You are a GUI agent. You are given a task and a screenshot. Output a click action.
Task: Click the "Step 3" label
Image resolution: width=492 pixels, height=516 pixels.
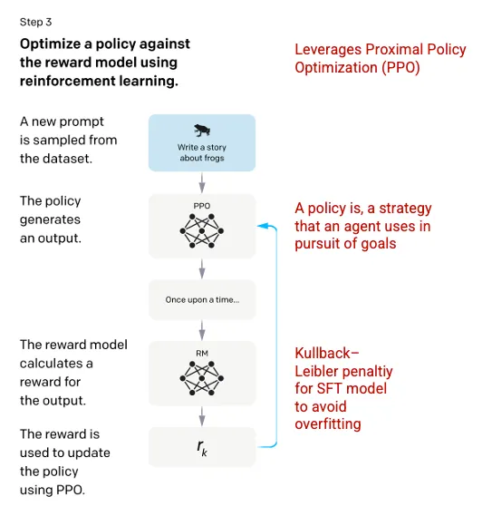[x=35, y=22]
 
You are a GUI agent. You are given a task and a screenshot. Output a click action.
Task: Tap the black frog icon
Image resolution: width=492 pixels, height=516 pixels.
[x=202, y=131]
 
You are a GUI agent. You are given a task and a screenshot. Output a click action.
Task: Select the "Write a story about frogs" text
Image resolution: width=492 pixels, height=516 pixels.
[x=202, y=152]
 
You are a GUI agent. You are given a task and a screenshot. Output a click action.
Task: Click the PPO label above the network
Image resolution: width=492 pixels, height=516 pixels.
[x=201, y=206]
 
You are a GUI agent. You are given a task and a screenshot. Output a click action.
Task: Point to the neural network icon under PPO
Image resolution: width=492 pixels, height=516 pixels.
[x=202, y=230]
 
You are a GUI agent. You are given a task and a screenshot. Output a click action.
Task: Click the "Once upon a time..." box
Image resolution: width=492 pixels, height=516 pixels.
[x=202, y=299]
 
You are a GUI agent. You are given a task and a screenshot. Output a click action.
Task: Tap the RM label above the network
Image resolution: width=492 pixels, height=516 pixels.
[x=202, y=353]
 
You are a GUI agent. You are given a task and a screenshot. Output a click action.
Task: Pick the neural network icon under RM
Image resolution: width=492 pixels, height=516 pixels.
[x=202, y=378]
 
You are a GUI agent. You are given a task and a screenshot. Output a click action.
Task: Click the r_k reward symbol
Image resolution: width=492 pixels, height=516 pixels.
[x=202, y=448]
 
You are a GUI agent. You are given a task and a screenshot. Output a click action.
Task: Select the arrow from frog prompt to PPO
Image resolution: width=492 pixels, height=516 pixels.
[x=202, y=182]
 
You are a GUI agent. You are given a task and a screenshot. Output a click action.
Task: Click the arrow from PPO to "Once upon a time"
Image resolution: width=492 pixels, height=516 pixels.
[x=202, y=268]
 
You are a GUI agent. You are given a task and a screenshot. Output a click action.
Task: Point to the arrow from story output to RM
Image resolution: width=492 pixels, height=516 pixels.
[x=202, y=330]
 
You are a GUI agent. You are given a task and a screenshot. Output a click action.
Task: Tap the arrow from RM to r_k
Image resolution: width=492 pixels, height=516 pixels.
[x=202, y=416]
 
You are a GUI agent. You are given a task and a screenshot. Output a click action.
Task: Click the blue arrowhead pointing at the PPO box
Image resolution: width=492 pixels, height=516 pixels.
[x=262, y=226]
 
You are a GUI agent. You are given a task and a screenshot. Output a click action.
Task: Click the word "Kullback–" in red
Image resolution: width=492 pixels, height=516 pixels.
[x=327, y=353]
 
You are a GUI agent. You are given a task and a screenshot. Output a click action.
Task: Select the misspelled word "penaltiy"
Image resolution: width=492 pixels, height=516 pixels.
[x=368, y=372]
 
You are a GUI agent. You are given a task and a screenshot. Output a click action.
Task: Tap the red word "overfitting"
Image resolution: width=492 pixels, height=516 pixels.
[x=328, y=424]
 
